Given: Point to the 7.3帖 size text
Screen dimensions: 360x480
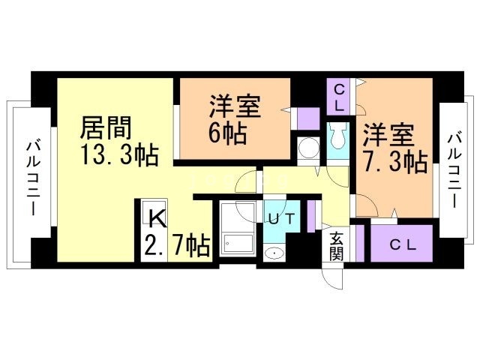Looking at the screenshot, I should (x=394, y=161).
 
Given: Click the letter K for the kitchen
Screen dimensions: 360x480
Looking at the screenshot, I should (x=156, y=218).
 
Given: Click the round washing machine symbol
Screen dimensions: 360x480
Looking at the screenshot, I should (x=307, y=146).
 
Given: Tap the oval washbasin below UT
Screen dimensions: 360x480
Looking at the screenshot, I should (x=277, y=253).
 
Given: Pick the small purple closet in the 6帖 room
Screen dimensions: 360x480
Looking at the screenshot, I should (x=307, y=118).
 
